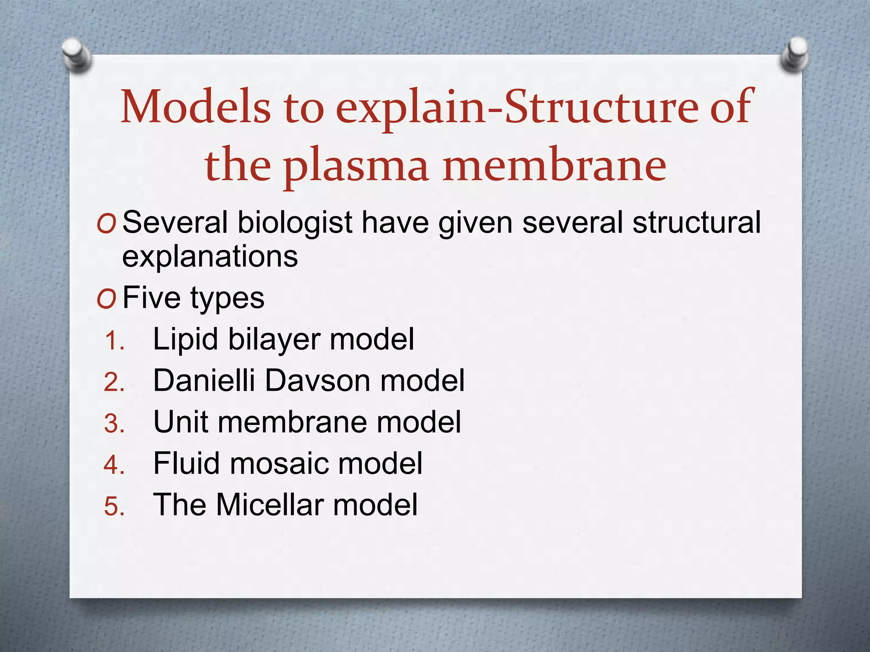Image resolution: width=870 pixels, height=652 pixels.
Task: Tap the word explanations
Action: [x=210, y=256]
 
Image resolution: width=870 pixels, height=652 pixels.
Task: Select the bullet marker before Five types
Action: [x=106, y=300]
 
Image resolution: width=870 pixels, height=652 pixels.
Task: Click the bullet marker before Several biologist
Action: [x=106, y=225]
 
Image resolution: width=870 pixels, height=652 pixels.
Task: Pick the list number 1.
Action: [x=114, y=341]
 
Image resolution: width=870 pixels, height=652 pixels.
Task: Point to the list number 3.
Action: [x=114, y=424]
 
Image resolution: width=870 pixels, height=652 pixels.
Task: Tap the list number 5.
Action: [x=114, y=506]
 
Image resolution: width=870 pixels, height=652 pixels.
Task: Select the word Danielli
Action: [x=204, y=380]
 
